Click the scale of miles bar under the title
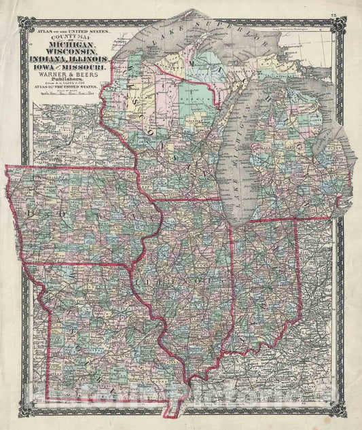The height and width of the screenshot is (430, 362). pos(68,99)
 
